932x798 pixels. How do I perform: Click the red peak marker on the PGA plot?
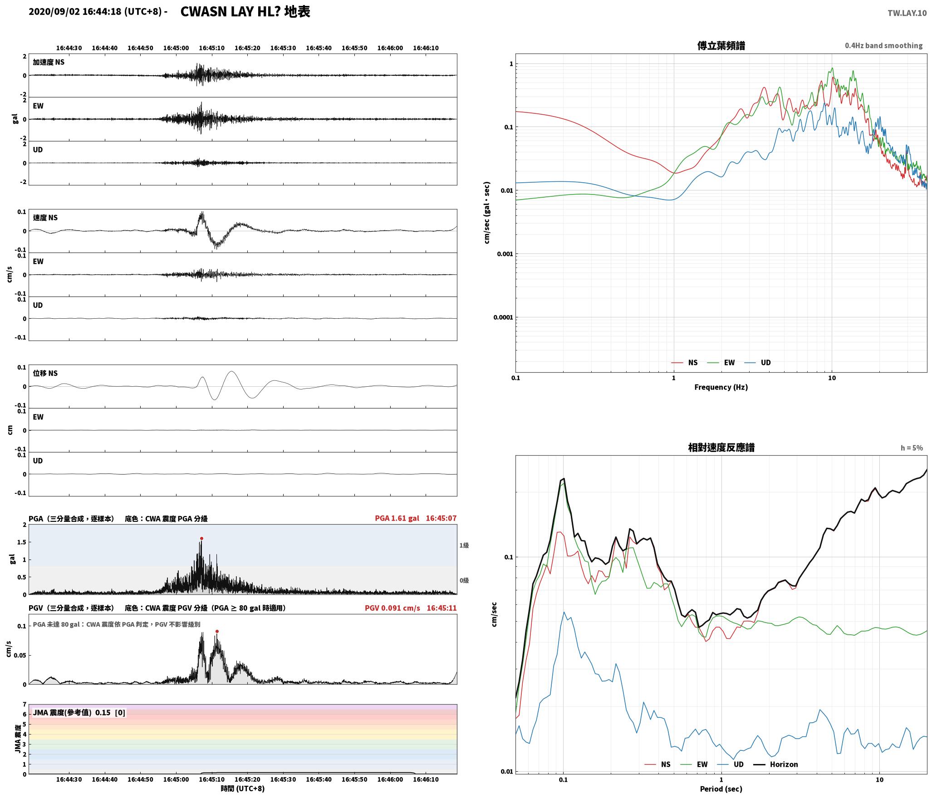(201, 539)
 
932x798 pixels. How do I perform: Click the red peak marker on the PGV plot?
(217, 631)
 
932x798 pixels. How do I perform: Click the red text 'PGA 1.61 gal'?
(397, 518)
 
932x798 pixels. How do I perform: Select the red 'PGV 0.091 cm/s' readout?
(392, 608)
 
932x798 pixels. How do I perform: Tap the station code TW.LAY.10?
(907, 13)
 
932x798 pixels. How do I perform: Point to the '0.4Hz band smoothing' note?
(883, 46)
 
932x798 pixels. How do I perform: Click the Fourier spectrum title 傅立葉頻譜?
(721, 46)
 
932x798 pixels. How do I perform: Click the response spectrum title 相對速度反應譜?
(721, 448)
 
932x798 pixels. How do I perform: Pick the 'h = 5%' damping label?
(912, 448)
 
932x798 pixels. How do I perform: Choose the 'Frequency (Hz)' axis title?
(721, 387)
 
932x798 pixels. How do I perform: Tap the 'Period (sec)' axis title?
(721, 788)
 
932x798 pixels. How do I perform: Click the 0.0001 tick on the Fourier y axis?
(503, 317)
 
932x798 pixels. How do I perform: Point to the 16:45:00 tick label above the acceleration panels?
(176, 48)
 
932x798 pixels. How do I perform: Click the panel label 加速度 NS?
(49, 62)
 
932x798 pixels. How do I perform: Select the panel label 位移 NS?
(45, 373)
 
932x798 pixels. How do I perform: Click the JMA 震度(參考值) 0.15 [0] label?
(79, 712)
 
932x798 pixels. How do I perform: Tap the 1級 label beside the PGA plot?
(464, 545)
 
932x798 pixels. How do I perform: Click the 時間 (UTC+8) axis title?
(243, 788)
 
